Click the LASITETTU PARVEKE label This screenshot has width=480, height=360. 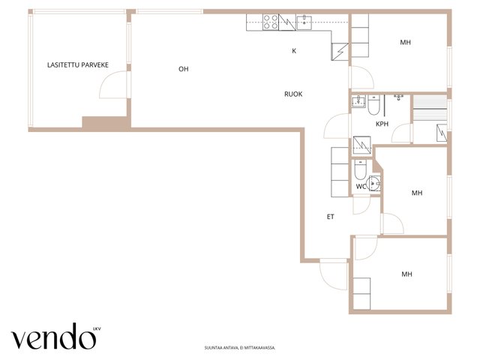coord(78,65)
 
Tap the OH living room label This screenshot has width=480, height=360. coord(183,69)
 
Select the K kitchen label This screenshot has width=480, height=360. coord(294,51)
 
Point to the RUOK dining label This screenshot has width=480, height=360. coord(293,94)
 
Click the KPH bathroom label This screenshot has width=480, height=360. coord(382,124)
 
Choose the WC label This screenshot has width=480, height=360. coord(361,186)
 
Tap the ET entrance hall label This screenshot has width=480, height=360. coord(330,217)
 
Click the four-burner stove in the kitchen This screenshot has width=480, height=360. coord(271,22)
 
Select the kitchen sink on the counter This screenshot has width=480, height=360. coord(304,22)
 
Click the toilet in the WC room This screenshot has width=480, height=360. coord(360,169)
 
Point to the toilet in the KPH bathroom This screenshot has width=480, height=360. coord(373,105)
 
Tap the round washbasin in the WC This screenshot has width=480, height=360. coord(373,183)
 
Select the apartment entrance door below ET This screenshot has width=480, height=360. coord(333,274)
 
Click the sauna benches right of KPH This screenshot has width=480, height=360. coord(430,108)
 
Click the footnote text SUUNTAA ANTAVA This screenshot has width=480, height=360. coord(240,348)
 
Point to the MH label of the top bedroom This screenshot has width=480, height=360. coord(405,42)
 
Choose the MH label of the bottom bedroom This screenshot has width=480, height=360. coord(406,274)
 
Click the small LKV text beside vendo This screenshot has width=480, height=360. coord(97,329)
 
